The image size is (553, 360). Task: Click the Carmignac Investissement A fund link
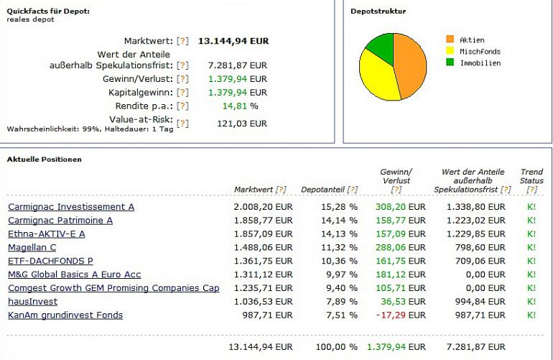[x=71, y=207]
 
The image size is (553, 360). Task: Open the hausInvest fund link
[x=33, y=302]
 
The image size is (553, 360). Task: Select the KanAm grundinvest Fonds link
[x=65, y=315]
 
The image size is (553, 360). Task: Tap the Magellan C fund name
[x=32, y=248]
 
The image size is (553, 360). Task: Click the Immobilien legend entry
[x=479, y=63]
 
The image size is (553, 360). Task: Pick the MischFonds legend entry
[x=479, y=52]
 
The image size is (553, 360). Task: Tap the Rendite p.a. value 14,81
[x=235, y=106]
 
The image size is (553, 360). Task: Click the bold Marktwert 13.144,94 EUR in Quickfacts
[x=233, y=41]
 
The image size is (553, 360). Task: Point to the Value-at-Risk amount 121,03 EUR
[x=241, y=124]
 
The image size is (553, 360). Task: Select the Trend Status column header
[x=531, y=176]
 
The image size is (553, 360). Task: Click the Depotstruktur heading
[x=378, y=11]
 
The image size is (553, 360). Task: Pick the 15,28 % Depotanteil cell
[x=339, y=207]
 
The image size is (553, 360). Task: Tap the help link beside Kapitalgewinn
[x=182, y=93]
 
